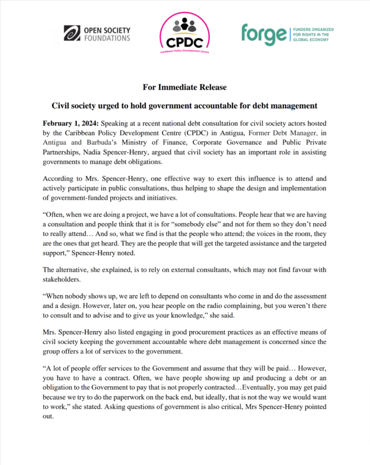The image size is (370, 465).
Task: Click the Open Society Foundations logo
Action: point(96,33)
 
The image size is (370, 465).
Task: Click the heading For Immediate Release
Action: point(185,87)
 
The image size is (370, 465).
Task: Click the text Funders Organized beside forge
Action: point(313,30)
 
